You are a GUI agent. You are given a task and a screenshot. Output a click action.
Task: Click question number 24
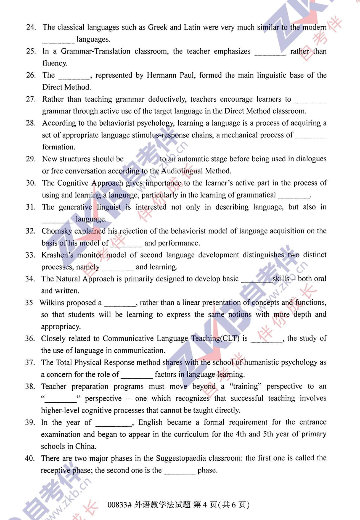click(31, 27)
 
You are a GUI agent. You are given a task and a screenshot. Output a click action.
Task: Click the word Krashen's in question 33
click(57, 255)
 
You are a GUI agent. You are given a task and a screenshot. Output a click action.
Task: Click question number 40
click(30, 458)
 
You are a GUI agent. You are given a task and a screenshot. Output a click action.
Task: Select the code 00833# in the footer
click(120, 505)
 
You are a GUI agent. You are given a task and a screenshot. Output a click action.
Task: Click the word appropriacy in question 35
click(61, 327)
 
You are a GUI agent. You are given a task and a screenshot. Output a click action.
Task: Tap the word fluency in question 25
click(55, 63)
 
